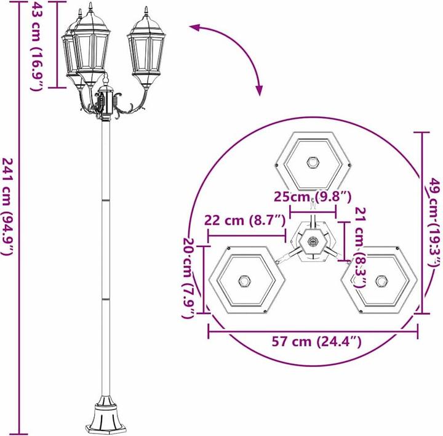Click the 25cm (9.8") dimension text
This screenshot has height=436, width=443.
(313, 197)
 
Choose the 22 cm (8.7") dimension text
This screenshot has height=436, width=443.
(245, 220)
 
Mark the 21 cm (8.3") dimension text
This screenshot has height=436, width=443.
(360, 246)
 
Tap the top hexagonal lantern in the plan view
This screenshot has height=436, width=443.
(313, 162)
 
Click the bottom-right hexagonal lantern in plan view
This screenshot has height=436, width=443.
(382, 281)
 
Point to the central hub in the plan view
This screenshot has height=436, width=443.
(313, 242)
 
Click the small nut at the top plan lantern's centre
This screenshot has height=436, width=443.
(313, 163)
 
